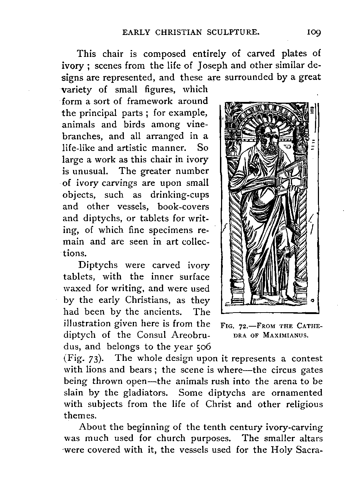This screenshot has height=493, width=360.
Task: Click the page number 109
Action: tap(314, 32)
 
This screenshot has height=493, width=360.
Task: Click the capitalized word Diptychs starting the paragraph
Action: tap(98, 265)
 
